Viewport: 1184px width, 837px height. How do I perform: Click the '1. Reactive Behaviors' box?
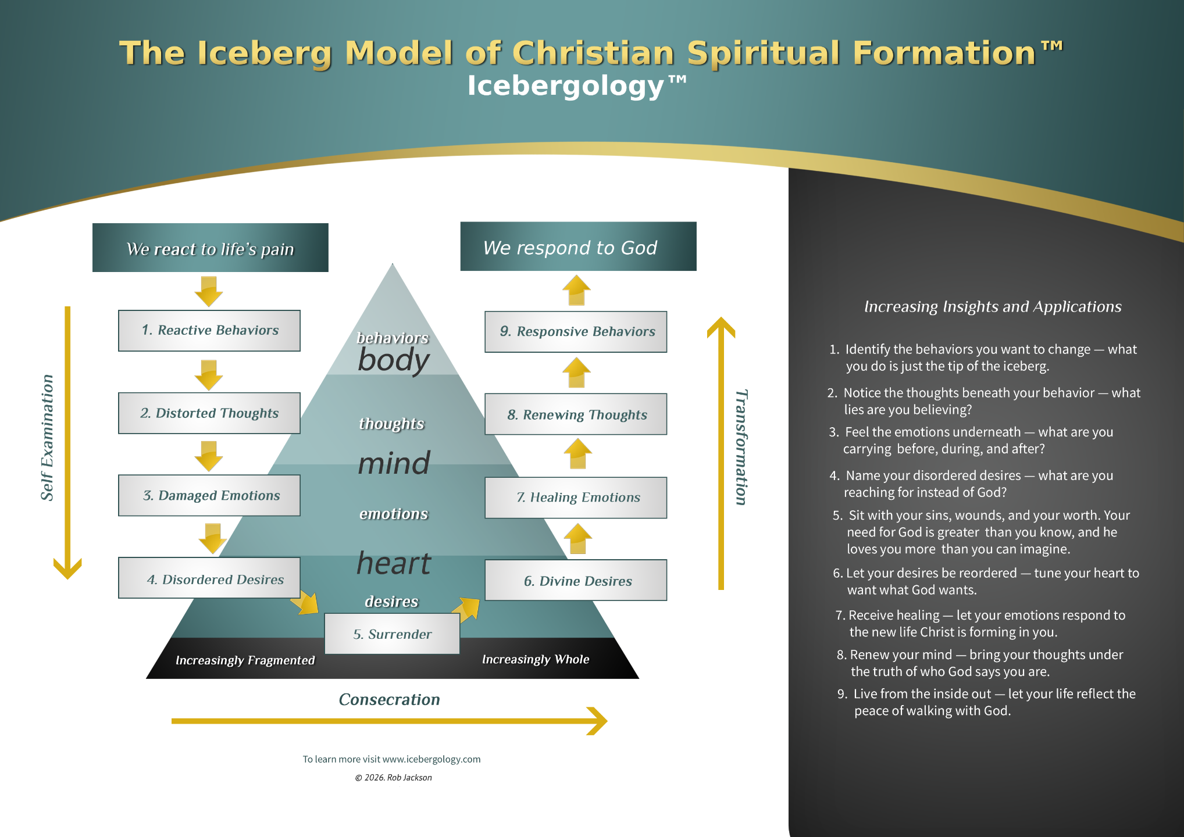pyautogui.click(x=209, y=330)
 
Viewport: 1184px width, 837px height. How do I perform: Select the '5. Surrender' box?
pyautogui.click(x=392, y=634)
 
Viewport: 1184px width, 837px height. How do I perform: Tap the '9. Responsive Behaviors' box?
pyautogui.click(x=576, y=332)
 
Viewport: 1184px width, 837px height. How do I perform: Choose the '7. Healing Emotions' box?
pyautogui.click(x=576, y=498)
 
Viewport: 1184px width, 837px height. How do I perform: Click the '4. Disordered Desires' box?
pyautogui.click(x=209, y=579)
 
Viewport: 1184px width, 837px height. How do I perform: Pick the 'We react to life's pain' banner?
pyautogui.click(x=210, y=248)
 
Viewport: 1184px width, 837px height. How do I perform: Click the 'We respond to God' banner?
pyautogui.click(x=578, y=247)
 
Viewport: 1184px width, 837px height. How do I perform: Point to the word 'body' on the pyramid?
pyautogui.click(x=394, y=360)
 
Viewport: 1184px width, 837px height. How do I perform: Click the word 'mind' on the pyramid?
pyautogui.click(x=394, y=464)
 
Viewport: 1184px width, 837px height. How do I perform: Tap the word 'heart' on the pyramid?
pyautogui.click(x=394, y=563)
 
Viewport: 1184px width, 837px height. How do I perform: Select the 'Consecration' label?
pyautogui.click(x=389, y=699)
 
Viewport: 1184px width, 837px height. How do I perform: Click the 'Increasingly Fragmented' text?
pyautogui.click(x=245, y=660)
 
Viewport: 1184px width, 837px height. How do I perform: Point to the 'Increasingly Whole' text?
pyautogui.click(x=536, y=659)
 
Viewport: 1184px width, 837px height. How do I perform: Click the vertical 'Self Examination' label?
pyautogui.click(x=47, y=437)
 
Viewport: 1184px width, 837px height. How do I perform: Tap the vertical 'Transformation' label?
pyautogui.click(x=741, y=448)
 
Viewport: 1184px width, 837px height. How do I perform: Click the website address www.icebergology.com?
pyautogui.click(x=431, y=759)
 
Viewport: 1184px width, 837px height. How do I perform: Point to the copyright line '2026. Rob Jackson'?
pyautogui.click(x=394, y=778)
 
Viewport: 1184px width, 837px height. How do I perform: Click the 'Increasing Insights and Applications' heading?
pyautogui.click(x=993, y=306)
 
